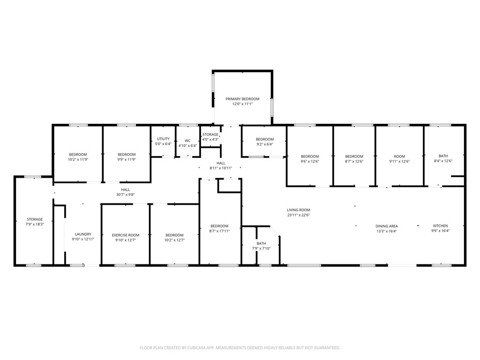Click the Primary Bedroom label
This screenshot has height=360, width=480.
pos(242,99)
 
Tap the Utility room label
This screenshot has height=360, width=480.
pos(163,139)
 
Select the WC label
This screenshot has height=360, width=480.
pos(187,141)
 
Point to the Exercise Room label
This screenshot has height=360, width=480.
pos(126,235)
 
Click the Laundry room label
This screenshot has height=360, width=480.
pos(83,234)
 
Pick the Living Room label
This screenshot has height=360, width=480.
pos(299,210)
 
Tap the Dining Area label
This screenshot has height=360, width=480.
pos(387,226)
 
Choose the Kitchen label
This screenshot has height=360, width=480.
pos(441,226)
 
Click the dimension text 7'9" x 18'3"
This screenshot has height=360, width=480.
pos(35,224)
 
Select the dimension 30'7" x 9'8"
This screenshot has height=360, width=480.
pos(126,195)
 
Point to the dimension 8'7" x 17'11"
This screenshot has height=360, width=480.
pos(219,231)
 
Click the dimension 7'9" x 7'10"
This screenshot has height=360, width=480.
pos(262,248)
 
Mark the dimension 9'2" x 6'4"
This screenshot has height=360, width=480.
pos(265,144)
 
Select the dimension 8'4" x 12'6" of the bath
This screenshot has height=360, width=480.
pos(443,161)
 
